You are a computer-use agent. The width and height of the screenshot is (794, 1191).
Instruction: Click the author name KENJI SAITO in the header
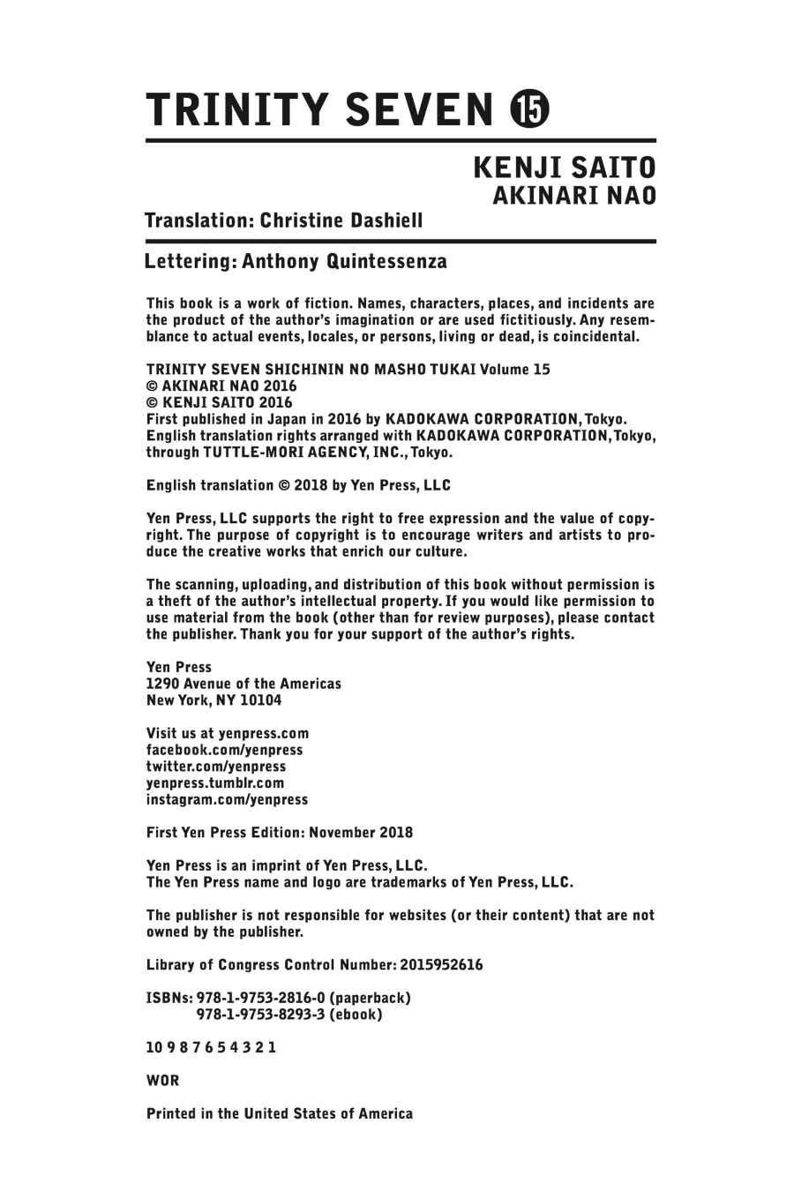coord(565,168)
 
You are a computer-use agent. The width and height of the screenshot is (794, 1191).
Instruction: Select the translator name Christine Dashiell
coord(340,220)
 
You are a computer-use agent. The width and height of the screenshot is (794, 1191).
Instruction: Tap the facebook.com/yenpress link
coord(224,749)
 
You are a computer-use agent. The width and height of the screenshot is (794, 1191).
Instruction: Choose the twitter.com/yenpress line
coord(216,766)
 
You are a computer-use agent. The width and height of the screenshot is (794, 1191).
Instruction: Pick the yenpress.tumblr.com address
coord(215,783)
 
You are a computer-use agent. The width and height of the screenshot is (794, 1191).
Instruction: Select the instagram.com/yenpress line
coord(227,799)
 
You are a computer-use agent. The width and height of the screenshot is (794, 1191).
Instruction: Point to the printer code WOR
coord(162,1080)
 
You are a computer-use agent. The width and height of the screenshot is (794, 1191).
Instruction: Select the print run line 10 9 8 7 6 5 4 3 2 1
coord(211,1047)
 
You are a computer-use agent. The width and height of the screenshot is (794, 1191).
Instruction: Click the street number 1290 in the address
coord(162,684)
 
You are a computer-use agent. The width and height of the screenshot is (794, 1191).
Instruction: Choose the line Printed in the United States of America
coord(279,1113)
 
